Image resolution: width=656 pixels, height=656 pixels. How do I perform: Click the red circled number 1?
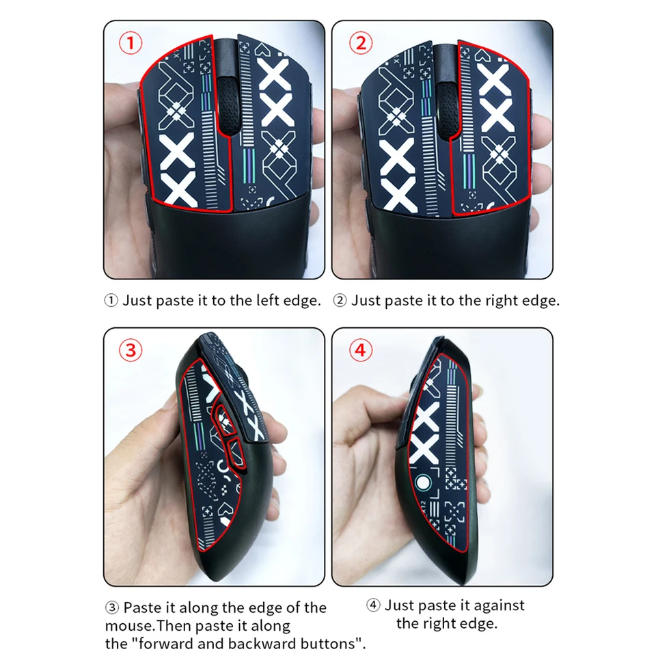[131, 44]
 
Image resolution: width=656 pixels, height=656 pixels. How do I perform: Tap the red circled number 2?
[360, 44]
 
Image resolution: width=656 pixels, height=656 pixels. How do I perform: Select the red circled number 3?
[131, 350]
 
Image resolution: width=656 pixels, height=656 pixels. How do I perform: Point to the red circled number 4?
[360, 350]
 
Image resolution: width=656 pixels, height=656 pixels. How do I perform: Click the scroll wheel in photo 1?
[229, 105]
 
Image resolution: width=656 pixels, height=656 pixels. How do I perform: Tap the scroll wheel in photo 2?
[448, 109]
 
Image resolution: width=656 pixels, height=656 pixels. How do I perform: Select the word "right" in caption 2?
[500, 301]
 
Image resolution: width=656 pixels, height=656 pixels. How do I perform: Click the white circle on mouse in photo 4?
[423, 483]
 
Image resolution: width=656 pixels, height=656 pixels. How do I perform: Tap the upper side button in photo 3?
[225, 419]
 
